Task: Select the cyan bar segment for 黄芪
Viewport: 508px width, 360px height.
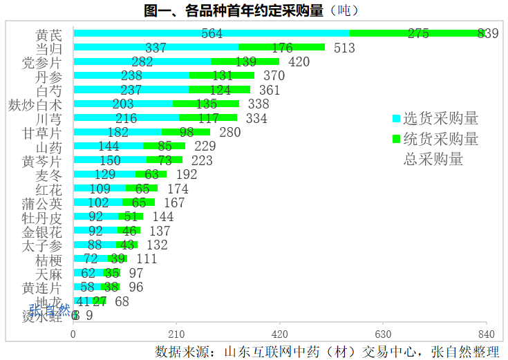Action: [x=211, y=33]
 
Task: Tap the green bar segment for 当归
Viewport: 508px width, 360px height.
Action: [x=281, y=48]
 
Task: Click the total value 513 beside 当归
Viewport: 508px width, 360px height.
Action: [x=344, y=48]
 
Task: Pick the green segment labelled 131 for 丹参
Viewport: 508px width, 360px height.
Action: [x=222, y=76]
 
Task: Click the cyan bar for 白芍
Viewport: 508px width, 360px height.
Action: [x=131, y=90]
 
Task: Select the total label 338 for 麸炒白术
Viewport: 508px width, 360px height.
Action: [x=258, y=104]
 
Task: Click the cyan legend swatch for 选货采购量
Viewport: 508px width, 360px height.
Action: [x=396, y=118]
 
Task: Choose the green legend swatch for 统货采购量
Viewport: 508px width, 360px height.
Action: [x=396, y=139]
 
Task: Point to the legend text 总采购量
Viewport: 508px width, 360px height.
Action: [x=433, y=159]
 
